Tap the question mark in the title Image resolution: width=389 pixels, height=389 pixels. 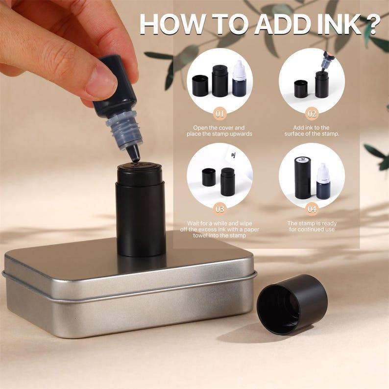pyautogui.click(x=373, y=24)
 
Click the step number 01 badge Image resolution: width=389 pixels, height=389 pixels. pyautogui.click(x=220, y=114)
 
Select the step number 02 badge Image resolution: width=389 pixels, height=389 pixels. pyautogui.click(x=312, y=114)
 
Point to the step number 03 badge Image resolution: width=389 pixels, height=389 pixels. pyautogui.click(x=220, y=209)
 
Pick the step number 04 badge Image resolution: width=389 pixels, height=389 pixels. pyautogui.click(x=312, y=209)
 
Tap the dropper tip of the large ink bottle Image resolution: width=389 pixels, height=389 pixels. pyautogui.click(x=134, y=154)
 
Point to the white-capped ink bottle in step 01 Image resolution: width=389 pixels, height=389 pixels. pyautogui.click(x=240, y=79)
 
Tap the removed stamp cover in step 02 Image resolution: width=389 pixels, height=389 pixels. pyautogui.click(x=301, y=89)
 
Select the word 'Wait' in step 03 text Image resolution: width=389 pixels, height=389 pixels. pyautogui.click(x=194, y=223)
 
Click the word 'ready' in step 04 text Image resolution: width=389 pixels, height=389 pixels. pyautogui.click(x=329, y=223)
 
